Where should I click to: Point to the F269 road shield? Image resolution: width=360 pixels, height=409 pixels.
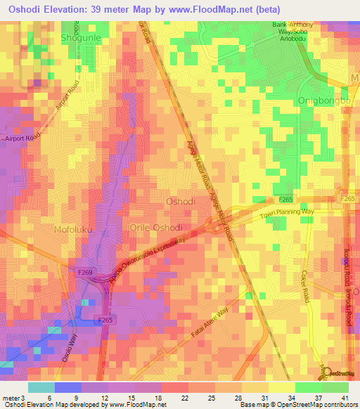tap(84, 270)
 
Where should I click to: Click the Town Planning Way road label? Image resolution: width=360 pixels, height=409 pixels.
tap(285, 214)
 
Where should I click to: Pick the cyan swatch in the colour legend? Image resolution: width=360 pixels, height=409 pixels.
tap(41, 387)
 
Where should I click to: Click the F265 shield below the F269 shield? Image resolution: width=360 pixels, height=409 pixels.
tap(105, 319)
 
